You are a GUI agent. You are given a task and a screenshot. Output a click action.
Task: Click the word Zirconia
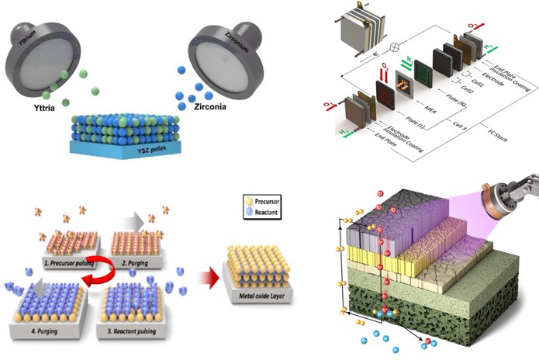pyautogui.click(x=206, y=106)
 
